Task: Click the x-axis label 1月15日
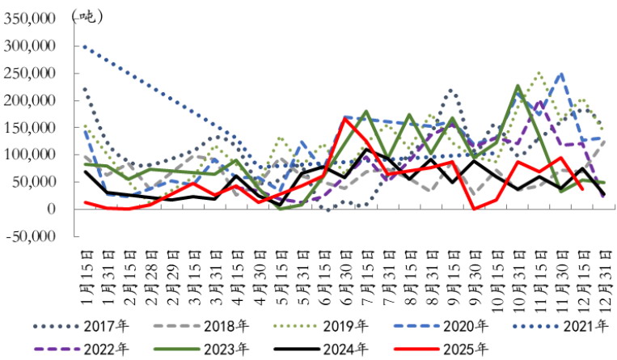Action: (x=87, y=277)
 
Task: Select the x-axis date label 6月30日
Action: (x=345, y=277)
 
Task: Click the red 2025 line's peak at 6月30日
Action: (x=345, y=120)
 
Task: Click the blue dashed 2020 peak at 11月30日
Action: (x=561, y=74)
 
